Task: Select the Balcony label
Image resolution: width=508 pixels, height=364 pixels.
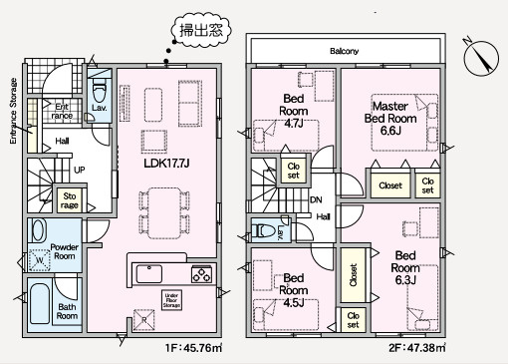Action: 344,49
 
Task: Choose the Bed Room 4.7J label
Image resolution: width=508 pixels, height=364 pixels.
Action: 294,106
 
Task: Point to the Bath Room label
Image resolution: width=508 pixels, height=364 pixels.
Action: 67,311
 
